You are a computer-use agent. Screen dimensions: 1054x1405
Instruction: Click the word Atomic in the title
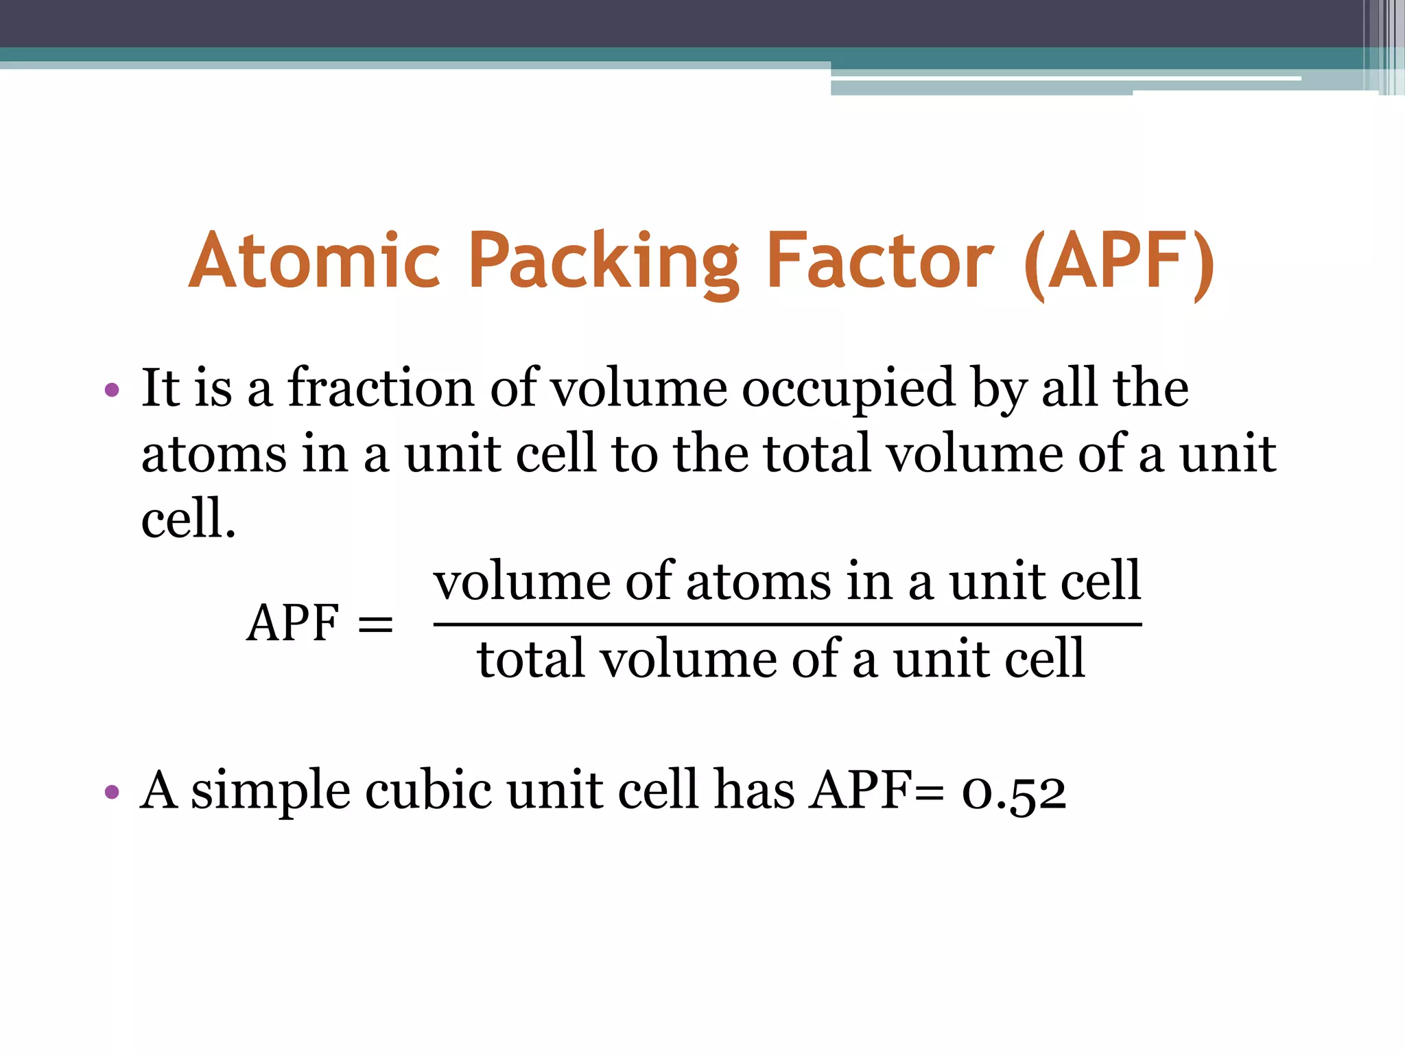coord(314,261)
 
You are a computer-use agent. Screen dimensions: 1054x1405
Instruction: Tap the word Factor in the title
coord(879,261)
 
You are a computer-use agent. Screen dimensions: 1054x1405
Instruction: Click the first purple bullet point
coord(112,391)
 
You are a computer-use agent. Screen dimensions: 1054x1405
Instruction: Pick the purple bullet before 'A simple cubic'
coord(112,793)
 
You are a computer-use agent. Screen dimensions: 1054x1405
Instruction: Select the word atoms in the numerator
coord(757,582)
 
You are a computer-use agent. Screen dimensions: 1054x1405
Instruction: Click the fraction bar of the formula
coord(787,624)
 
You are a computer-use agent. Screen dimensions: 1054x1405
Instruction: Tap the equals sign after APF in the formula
coord(375,624)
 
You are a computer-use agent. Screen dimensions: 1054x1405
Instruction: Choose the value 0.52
coord(1014,792)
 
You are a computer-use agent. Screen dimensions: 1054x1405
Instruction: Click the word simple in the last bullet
coord(270,792)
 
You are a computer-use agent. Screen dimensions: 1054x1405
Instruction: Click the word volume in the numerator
coord(521,582)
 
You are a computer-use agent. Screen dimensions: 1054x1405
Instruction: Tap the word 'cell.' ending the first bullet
coord(189,518)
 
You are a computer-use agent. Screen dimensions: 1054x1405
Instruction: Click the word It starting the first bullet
coord(161,388)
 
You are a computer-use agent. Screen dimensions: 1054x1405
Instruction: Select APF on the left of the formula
coord(293,623)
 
